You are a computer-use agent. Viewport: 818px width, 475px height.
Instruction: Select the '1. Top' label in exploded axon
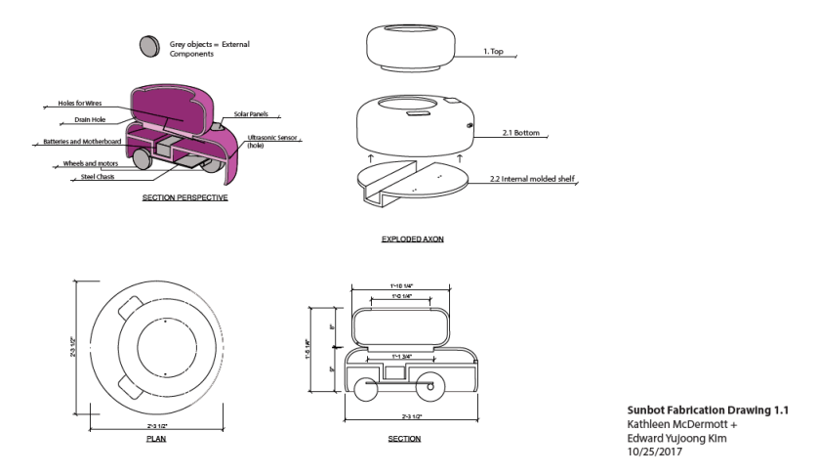pos(493,49)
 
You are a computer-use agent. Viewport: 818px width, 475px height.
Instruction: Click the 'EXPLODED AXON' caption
pos(415,238)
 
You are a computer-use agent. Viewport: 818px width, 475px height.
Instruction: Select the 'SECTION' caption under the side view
pos(403,439)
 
